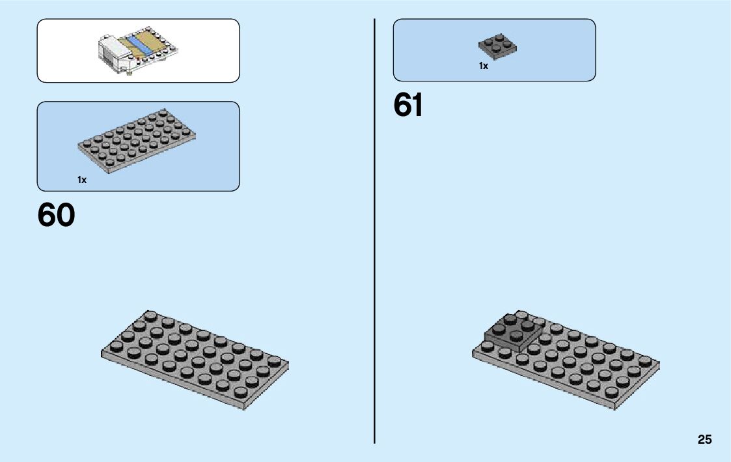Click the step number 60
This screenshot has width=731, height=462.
tap(57, 215)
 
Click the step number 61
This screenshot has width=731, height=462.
tap(408, 106)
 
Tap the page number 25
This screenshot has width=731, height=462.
tap(705, 440)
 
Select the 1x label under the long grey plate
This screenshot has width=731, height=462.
tap(82, 180)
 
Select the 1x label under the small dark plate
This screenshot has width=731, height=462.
tap(484, 66)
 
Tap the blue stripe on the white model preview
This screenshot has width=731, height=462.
tap(138, 44)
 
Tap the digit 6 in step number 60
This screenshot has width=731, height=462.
tap(47, 215)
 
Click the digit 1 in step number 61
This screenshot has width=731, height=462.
tap(417, 106)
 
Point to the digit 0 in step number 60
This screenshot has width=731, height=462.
tap(66, 215)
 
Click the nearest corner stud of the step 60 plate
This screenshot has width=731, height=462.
tap(240, 393)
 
